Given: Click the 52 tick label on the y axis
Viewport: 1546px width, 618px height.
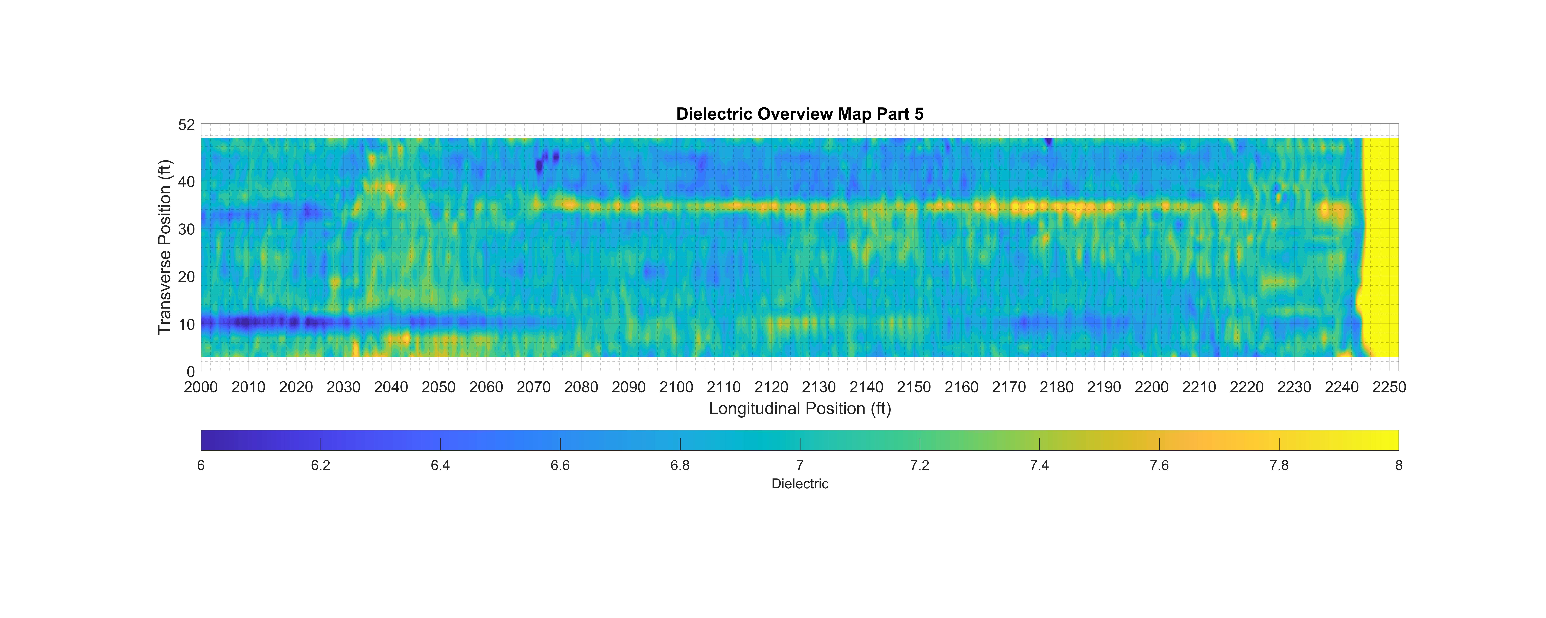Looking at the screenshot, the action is (187, 125).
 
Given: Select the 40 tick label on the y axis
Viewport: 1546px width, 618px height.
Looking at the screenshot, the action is (187, 182).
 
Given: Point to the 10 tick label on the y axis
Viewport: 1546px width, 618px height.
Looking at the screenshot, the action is (187, 325).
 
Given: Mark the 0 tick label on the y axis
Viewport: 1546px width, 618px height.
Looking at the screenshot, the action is (191, 372).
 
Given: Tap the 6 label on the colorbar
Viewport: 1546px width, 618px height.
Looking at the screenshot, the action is (201, 466).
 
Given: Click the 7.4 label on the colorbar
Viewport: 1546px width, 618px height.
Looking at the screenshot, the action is (1040, 466).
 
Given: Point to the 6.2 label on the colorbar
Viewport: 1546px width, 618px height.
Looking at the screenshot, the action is (320, 466).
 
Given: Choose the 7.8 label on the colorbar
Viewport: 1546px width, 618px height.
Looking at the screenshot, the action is (1279, 466).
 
